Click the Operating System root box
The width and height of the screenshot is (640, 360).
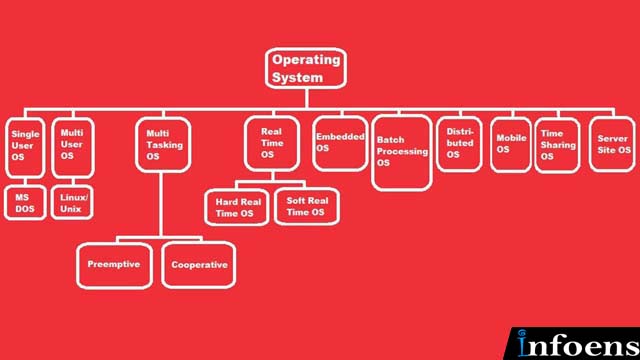click(306, 68)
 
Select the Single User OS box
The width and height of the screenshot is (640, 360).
click(25, 148)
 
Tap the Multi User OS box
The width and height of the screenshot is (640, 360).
click(73, 148)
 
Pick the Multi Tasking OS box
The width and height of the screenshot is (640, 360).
click(163, 144)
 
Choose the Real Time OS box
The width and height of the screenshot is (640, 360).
click(272, 144)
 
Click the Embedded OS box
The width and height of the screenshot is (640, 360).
click(340, 144)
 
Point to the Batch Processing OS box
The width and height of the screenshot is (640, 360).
click(402, 153)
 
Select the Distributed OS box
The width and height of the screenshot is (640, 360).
click(459, 144)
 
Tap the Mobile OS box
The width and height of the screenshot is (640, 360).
click(511, 145)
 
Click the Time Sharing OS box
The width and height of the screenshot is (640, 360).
click(558, 145)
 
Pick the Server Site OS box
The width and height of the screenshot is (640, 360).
click(612, 144)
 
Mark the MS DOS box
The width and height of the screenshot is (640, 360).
click(25, 202)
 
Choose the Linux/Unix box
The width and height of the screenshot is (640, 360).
click(72, 202)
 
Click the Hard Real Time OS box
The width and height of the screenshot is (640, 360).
click(237, 207)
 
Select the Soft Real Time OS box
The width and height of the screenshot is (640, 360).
click(307, 206)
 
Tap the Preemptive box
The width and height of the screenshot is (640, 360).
click(115, 266)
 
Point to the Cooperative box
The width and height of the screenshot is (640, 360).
click(199, 265)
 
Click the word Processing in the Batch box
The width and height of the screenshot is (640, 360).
click(402, 151)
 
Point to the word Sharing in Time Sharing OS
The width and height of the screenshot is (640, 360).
click(558, 145)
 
